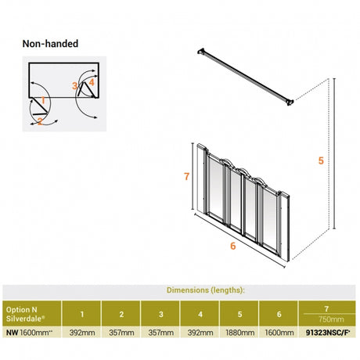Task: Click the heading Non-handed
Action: coord(50,44)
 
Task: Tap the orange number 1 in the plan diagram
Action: coord(43,100)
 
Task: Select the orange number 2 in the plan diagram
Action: coord(40,121)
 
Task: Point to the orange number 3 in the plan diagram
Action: coord(75,85)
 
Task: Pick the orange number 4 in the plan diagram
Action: coord(91,82)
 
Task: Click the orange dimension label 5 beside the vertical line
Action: coord(321,160)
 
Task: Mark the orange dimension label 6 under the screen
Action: coord(233,246)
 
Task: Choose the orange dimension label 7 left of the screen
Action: coord(186,177)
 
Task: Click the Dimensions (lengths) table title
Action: coord(206,290)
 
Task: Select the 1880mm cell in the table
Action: coord(239,333)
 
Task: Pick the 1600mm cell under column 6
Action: coord(279,333)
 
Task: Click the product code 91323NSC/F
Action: coord(327,333)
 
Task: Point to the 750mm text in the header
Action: coord(331,319)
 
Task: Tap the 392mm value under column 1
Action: coord(81,333)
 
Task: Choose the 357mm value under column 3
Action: coord(160,333)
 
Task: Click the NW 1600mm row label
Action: coord(29,333)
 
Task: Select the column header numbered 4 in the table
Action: coord(200,314)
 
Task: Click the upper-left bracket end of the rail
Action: coord(201,51)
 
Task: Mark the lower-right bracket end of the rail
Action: coord(290,102)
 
